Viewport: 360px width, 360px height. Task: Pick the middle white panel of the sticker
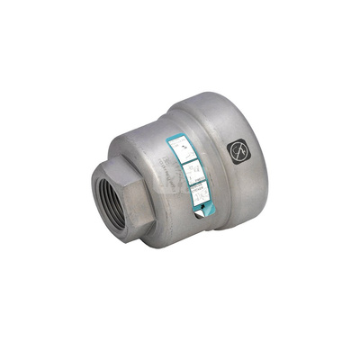192,169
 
